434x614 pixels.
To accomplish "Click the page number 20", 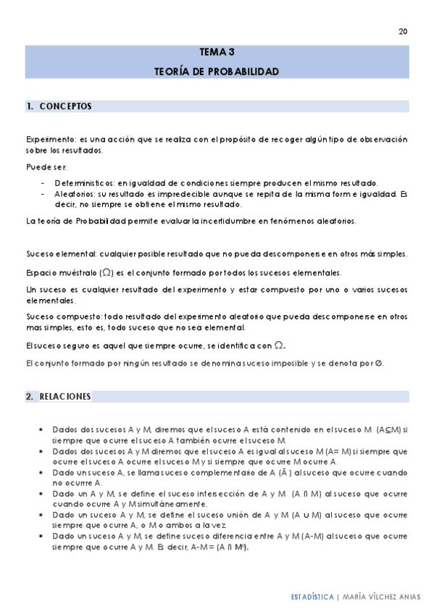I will tap(403, 31).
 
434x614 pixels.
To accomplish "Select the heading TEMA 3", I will tap(217, 53).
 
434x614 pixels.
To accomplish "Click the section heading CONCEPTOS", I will tap(65, 106).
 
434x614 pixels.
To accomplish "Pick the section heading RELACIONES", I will tap(65, 397).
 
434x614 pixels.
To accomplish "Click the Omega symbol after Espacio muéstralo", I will tap(107, 272).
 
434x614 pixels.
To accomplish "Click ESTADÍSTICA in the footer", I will tap(312, 597).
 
